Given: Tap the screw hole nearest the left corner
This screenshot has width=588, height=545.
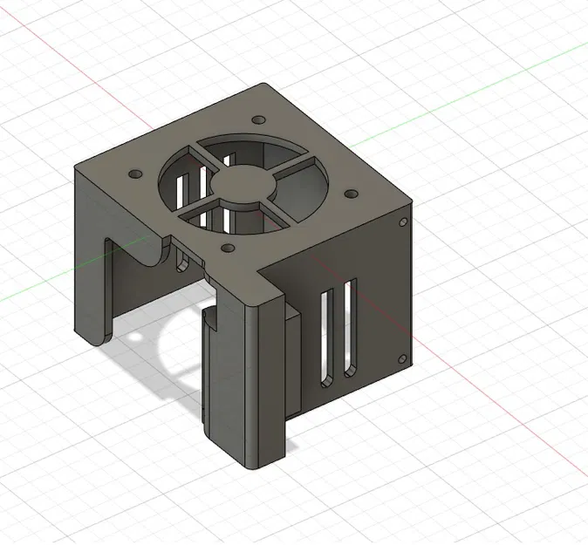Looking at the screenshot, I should tap(133, 174).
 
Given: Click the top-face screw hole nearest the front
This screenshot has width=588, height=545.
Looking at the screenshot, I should tap(228, 249).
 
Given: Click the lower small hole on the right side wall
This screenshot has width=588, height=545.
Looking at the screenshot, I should tap(402, 357).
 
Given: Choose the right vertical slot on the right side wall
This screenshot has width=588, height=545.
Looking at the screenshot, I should tap(349, 327).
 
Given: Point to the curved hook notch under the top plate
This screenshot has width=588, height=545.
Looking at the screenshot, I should tap(148, 253).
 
